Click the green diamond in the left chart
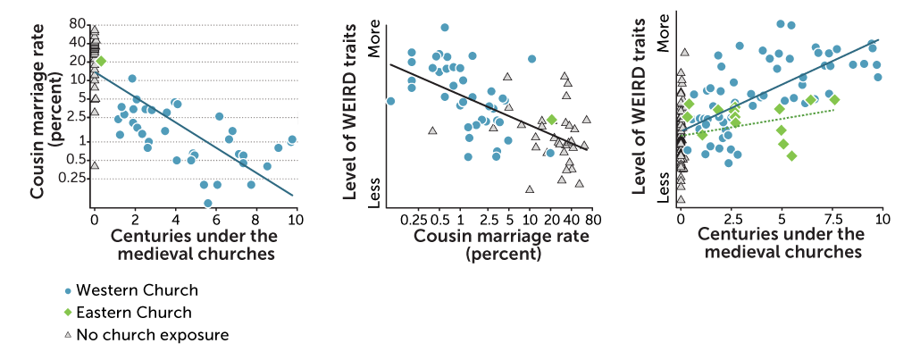pyautogui.click(x=101, y=61)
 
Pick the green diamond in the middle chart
pyautogui.click(x=551, y=119)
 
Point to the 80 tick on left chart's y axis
pyautogui.click(x=77, y=24)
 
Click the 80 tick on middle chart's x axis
pyautogui.click(x=591, y=220)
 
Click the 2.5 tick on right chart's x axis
pyautogui.click(x=732, y=219)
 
